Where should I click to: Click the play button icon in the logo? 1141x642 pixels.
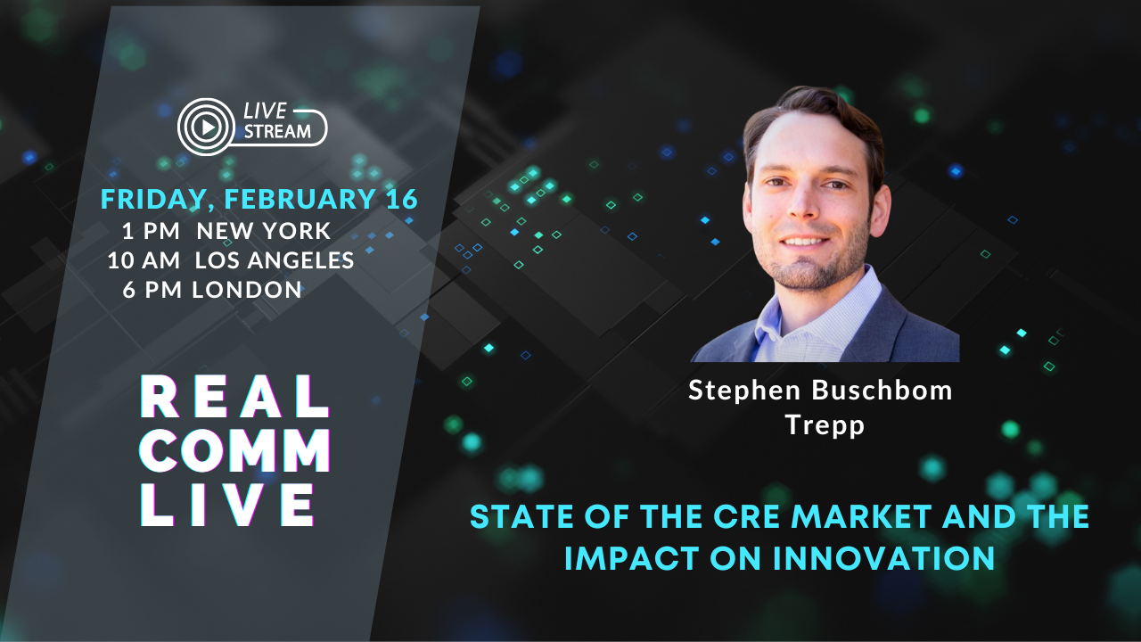(x=207, y=127)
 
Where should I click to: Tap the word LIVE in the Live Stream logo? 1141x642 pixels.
(x=265, y=111)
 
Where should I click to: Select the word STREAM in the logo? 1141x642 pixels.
(x=277, y=132)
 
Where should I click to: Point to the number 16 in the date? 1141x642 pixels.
(x=402, y=198)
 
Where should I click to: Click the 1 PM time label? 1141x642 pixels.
(x=151, y=231)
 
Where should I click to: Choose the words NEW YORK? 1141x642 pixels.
(x=264, y=231)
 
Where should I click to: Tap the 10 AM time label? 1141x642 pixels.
(x=144, y=260)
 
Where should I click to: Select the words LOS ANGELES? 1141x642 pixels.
(x=275, y=260)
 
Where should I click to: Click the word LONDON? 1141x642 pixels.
(x=247, y=290)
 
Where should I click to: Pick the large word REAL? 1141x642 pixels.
(x=234, y=397)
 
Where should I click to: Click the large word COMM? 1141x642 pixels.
(x=235, y=450)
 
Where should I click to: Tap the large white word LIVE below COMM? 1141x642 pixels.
(x=227, y=505)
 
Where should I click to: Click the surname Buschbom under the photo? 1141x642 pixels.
(x=882, y=391)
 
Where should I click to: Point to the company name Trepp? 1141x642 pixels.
(x=825, y=425)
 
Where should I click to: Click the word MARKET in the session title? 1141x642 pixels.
(x=861, y=516)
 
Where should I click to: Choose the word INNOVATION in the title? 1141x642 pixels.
(x=883, y=558)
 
